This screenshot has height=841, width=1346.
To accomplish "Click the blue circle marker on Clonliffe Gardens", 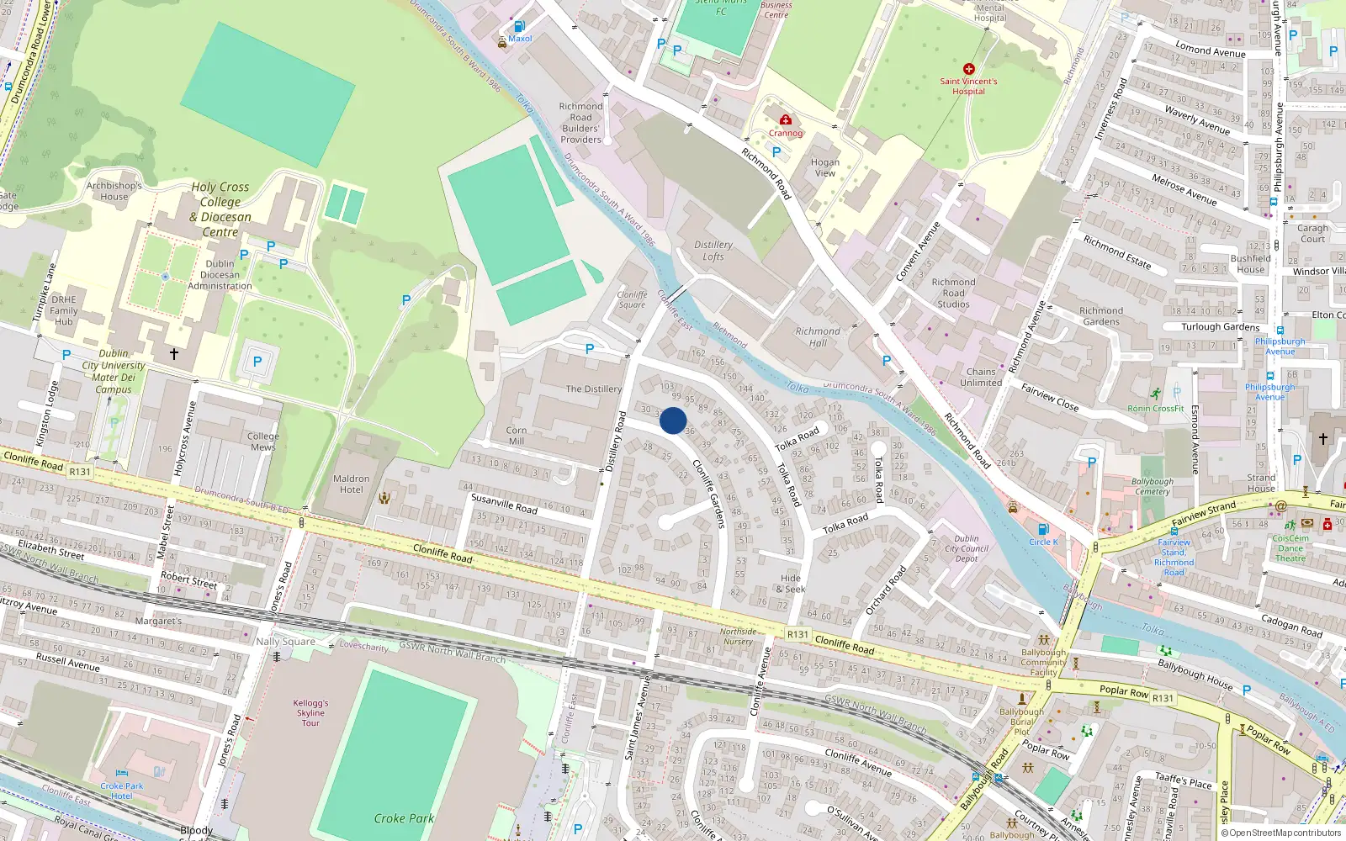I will coord(673,420).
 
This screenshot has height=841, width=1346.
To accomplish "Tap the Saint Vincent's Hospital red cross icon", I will coord(969,69).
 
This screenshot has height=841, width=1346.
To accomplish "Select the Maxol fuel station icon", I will coord(519,27).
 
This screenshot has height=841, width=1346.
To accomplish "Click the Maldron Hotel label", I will coord(352,484).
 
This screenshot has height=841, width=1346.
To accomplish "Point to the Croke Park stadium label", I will coord(404,818).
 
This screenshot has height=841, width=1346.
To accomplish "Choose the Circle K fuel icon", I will coord(1043,529).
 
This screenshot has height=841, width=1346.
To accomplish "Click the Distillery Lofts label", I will coord(713,251).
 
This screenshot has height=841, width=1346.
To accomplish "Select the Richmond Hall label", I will coord(818,337).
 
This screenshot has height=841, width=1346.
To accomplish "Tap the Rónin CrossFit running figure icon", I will coord(1156,394).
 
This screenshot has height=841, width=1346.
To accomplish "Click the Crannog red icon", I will coord(786,119).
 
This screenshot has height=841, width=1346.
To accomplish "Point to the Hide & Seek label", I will coord(791,584).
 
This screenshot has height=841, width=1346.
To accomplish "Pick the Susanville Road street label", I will coord(504,504).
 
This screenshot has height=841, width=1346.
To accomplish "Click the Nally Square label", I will coord(286,642).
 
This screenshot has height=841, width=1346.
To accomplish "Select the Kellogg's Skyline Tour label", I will coord(310,713).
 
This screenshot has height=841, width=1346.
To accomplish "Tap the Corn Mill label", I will coord(517,436).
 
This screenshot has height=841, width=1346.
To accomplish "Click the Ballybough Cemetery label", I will coord(1153,487).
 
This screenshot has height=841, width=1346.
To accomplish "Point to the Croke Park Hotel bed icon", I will coord(122,772).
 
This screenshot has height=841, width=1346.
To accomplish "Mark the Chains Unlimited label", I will coord(981,377).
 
